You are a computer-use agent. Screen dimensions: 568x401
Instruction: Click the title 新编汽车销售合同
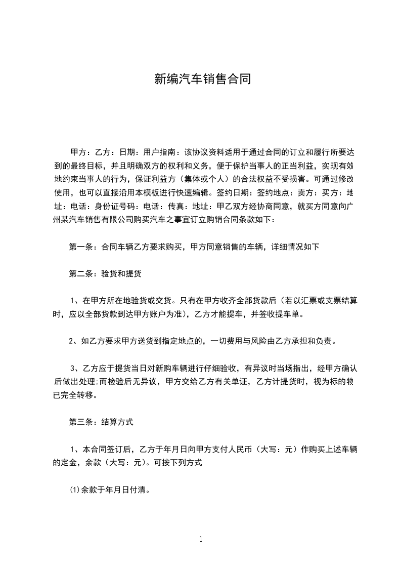(202, 79)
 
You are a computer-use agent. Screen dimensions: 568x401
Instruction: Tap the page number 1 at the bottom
(201, 539)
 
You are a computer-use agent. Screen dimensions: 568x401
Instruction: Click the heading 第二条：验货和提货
(105, 274)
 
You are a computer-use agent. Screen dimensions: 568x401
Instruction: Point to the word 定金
(70, 462)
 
